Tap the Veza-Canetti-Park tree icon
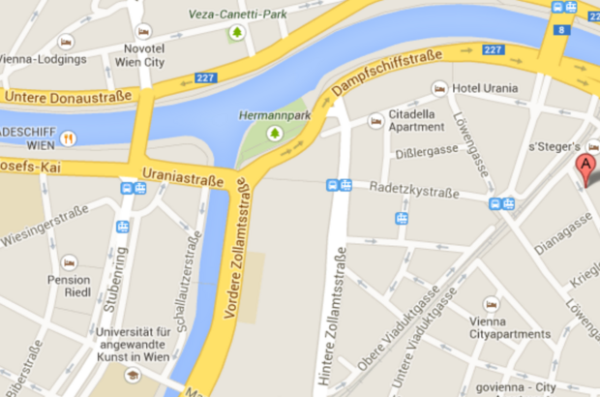point(237,34)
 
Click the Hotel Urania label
point(485,88)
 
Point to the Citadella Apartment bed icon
point(375,121)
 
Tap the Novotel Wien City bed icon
point(143,31)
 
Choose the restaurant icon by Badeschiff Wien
point(69,137)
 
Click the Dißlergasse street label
point(429,153)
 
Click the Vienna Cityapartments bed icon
point(492,304)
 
